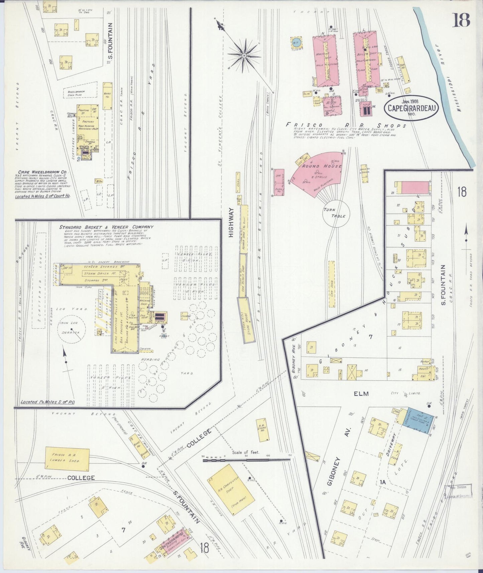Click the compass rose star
coord(244,55)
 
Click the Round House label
coord(322,166)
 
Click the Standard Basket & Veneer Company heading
coord(106,227)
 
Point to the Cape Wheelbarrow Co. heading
coord(40,172)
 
